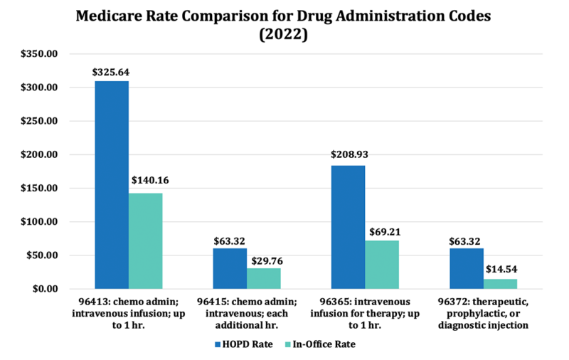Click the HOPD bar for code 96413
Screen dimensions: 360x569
coord(112,185)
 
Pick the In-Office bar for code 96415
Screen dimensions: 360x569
coord(264,278)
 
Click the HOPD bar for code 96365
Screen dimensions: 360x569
coord(348,227)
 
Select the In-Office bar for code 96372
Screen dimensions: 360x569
coord(500,283)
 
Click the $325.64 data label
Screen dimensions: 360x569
coord(112,72)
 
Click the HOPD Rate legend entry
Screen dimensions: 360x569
coord(241,344)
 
